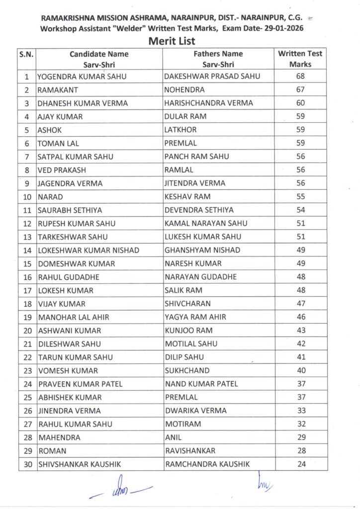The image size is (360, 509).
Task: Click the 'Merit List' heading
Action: (172, 41)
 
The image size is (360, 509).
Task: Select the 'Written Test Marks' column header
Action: (300, 59)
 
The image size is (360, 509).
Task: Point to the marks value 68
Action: (300, 77)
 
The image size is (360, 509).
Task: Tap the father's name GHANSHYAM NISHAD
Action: (202, 250)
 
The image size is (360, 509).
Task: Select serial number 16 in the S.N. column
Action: (27, 277)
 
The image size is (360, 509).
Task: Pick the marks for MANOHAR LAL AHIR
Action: (300, 317)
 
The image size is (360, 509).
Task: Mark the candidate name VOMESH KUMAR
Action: (68, 371)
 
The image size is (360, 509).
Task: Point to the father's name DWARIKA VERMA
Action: (195, 411)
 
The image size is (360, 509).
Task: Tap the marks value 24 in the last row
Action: (300, 464)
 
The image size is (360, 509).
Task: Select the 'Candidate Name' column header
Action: (99, 54)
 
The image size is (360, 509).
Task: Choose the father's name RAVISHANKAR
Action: (190, 451)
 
